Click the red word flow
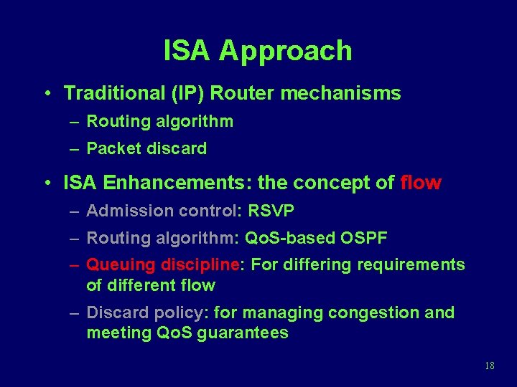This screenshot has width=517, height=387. pos(421,183)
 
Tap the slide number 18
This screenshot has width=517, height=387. pos(490,366)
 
